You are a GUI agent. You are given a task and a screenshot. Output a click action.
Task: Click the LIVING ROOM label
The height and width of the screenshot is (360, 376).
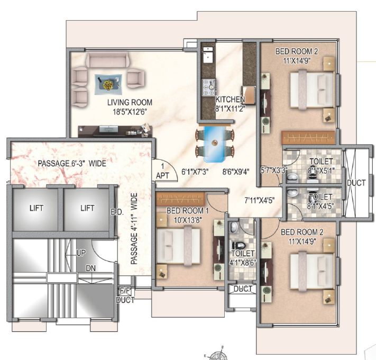click(130, 102)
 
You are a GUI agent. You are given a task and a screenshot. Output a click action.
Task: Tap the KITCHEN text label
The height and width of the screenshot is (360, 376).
click(230, 100)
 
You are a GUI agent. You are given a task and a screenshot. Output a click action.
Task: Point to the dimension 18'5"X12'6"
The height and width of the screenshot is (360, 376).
click(130, 112)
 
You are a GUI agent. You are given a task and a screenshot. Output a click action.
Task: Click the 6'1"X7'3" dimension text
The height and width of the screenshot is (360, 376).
click(195, 172)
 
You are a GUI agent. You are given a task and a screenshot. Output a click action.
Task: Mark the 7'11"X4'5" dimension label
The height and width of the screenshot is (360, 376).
click(260, 200)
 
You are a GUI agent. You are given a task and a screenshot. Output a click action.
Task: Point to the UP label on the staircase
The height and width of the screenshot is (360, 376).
click(80, 254)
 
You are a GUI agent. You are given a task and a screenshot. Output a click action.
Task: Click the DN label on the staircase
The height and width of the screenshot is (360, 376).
click(91, 268)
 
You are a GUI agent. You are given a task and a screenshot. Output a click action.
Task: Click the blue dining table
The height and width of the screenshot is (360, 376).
click(216, 143)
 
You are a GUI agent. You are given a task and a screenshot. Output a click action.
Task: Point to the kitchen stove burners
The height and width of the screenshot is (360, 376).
click(207, 87)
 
